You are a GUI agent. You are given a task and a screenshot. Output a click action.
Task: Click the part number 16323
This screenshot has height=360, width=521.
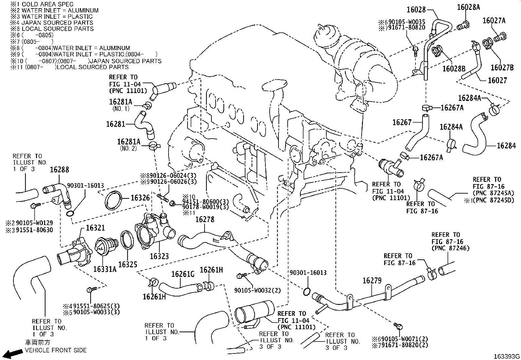point(159,256)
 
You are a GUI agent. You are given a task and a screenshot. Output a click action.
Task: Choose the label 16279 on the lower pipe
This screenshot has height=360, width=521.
point(372,281)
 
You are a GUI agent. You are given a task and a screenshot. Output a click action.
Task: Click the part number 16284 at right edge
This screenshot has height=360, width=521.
point(506,146)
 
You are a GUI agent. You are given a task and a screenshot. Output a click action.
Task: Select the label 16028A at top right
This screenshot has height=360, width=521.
point(468,7)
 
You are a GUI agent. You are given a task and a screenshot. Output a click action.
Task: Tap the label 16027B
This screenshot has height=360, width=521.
point(502,67)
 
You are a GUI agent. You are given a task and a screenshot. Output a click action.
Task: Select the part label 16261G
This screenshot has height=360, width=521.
point(183,274)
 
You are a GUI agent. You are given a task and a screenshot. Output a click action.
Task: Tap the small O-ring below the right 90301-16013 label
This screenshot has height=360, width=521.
point(307,291)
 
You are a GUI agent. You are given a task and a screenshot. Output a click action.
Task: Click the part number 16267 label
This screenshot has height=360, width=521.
point(402,122)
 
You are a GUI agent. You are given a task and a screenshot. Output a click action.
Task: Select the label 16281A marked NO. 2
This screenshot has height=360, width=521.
point(129,142)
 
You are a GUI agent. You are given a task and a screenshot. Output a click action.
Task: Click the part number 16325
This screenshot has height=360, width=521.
point(128,264)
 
